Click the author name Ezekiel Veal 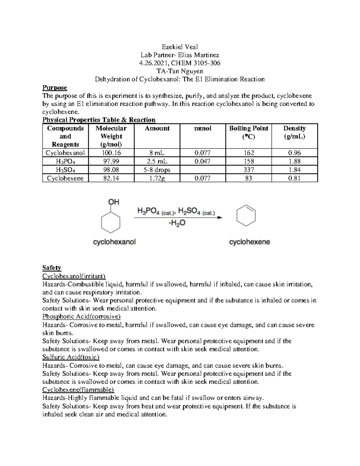coord(180,47)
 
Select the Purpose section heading coord(55,88)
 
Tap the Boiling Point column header coord(248,132)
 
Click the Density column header coord(294,132)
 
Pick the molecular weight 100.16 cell coord(111,153)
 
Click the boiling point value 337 coord(248,170)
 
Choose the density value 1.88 coord(294,161)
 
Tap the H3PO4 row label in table coord(65,161)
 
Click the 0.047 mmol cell coord(202,161)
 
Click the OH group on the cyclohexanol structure coord(114,202)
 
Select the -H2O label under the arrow coord(177,223)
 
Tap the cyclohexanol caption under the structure coord(114,242)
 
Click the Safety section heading coord(52,268)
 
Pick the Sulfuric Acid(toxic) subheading coord(71,357)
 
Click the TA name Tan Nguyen coord(180,71)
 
